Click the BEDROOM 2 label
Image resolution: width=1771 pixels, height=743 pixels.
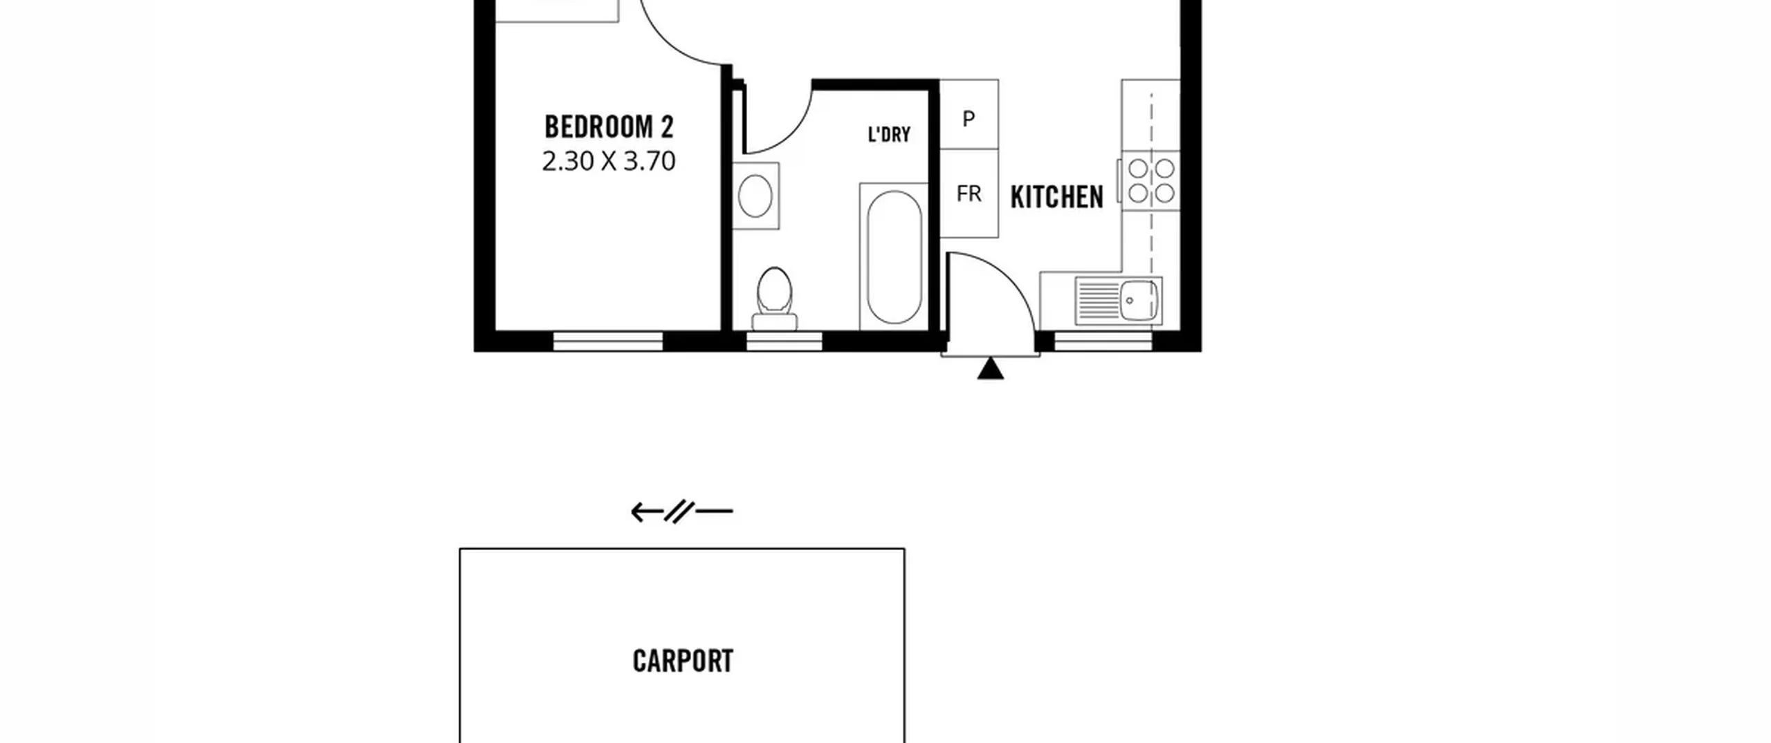pos(609,127)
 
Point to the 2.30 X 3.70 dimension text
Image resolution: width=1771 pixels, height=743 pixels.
pos(609,161)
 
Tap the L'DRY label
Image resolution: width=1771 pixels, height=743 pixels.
pos(889,134)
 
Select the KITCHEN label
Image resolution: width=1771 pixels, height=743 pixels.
pos(1056,198)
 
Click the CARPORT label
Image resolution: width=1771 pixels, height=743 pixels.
pos(683,661)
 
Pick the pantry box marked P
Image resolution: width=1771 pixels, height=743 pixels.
pos(969,114)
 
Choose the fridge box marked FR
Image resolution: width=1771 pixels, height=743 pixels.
pos(969,194)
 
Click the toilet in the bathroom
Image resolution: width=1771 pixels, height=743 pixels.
pos(775,299)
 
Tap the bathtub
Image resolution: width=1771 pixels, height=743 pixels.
pos(894,257)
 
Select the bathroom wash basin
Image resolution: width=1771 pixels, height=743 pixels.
pos(755,196)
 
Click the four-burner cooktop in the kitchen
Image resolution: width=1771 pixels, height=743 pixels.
pos(1151,180)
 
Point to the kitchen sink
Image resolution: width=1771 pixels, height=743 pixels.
pos(1119,301)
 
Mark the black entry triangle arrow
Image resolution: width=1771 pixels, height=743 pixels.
pos(991,368)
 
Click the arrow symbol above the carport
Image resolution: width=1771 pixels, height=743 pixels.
pos(682,512)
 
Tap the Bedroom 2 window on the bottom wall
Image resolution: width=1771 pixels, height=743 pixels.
pos(608,341)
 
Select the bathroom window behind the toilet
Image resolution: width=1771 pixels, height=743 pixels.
pos(784,341)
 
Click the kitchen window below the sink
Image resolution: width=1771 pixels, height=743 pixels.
pos(1103,341)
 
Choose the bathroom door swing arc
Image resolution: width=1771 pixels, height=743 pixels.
pos(796,133)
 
